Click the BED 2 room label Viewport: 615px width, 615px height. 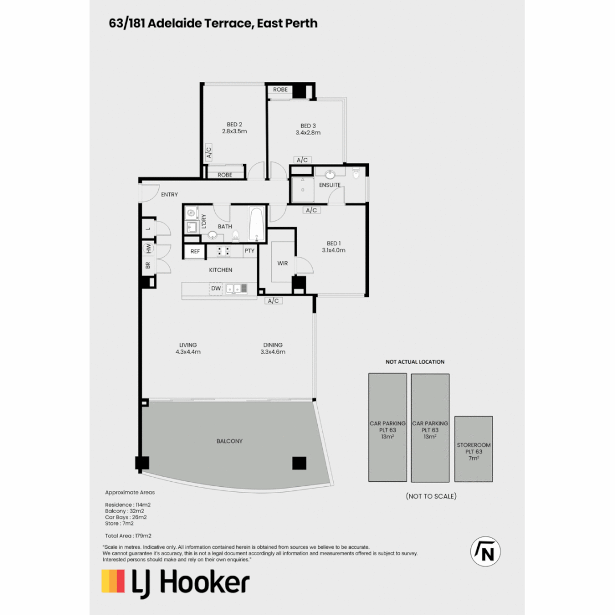point(234,124)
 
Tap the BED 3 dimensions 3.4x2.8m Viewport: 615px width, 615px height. point(308,133)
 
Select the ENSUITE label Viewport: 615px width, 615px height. point(330,185)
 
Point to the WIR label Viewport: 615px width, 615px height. point(282,263)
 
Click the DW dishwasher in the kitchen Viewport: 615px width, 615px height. point(216,289)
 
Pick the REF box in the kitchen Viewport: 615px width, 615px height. point(195,251)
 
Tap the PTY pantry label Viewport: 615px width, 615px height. point(249,251)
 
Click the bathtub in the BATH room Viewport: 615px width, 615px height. point(256,224)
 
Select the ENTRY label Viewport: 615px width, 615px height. point(169,195)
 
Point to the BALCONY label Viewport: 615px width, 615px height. point(229,441)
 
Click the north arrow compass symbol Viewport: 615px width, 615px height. point(485,552)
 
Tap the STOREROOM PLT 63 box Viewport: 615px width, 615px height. point(473,449)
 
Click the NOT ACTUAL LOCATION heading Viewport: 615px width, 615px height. point(415,362)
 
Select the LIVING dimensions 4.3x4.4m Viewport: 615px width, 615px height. point(188,352)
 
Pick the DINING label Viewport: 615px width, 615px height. point(273,345)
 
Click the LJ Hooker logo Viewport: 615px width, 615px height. point(175,583)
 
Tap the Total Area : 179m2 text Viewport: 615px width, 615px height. point(128,536)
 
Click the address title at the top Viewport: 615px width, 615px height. point(213,23)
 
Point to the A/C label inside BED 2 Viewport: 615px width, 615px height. point(209,152)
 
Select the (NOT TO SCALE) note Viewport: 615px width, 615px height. point(431,496)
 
